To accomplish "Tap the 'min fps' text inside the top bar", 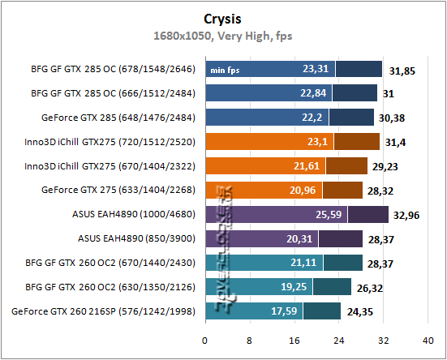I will [226, 70].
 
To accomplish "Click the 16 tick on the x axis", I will [294, 340].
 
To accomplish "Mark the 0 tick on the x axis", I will [205, 340].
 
